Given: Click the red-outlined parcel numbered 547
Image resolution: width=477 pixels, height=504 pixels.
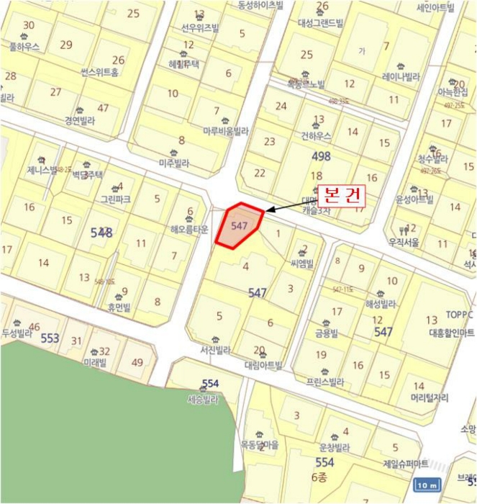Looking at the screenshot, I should tap(240, 225).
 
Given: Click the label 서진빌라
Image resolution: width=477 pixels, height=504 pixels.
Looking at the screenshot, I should tap(215, 351).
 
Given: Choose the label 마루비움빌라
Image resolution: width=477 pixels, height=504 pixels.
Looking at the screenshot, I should tap(225, 132).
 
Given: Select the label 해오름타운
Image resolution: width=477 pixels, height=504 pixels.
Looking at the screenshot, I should tap(189, 230).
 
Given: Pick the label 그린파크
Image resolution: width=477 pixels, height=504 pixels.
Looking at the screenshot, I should tap(115, 199).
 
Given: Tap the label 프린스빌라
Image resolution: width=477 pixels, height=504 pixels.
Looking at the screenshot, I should tap(324, 382).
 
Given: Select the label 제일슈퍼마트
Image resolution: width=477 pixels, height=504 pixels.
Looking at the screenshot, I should tap(406, 463).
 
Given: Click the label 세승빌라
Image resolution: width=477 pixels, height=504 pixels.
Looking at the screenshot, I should tap(202, 400).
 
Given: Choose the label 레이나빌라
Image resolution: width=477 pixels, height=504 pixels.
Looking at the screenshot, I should tap(401, 76).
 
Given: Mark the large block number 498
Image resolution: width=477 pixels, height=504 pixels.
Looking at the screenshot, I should tap(321, 156).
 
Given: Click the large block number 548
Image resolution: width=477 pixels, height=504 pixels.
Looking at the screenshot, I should tap(101, 232).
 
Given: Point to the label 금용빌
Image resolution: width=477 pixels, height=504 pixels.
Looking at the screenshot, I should tap(326, 333).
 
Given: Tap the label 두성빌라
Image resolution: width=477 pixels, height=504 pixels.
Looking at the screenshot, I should tap(17, 334).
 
